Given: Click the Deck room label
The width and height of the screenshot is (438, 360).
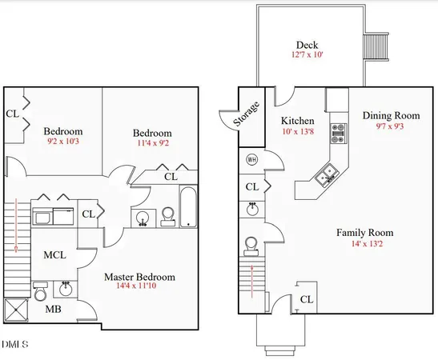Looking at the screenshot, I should coord(307,45).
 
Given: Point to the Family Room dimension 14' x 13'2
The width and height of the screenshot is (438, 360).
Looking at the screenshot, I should coord(364,244).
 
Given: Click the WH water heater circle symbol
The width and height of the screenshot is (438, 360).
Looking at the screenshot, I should coord(251,158).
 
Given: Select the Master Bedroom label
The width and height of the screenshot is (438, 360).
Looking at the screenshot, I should coord(139,278).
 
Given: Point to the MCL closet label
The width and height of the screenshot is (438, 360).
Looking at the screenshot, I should coord(54,254).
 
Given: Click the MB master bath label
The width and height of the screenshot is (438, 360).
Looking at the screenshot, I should coord(52,308).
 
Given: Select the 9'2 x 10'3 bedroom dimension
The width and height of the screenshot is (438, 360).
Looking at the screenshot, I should coord(63,142).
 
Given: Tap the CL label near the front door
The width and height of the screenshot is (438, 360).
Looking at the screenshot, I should coord(306,300).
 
